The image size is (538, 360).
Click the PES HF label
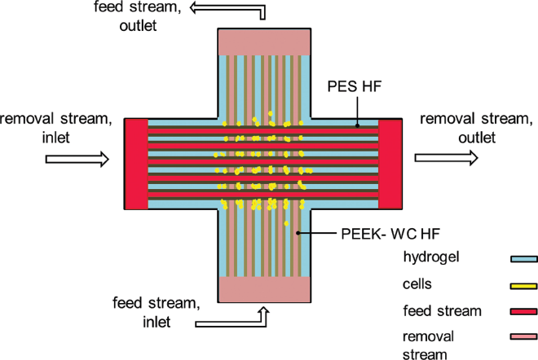point(355,86)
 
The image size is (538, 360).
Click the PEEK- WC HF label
point(390,235)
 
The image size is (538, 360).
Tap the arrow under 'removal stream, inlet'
point(77,159)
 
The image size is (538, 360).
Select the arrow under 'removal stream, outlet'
point(446,158)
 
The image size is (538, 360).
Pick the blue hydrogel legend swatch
point(523,259)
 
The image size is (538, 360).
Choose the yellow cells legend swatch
point(523,286)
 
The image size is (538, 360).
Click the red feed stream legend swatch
point(523,311)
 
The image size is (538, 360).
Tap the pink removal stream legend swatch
point(523,336)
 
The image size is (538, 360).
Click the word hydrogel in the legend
point(431,257)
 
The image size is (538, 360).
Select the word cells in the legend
point(417,284)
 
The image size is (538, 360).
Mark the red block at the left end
point(136,164)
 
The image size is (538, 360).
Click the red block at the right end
point(390,164)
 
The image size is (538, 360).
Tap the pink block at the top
point(264,42)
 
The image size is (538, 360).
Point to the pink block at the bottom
point(264,289)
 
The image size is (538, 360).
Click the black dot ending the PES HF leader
point(357,125)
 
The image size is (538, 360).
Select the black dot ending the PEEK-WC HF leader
point(298,233)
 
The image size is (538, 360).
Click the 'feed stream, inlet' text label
point(157,312)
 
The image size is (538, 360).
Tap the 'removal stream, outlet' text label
point(477,128)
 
